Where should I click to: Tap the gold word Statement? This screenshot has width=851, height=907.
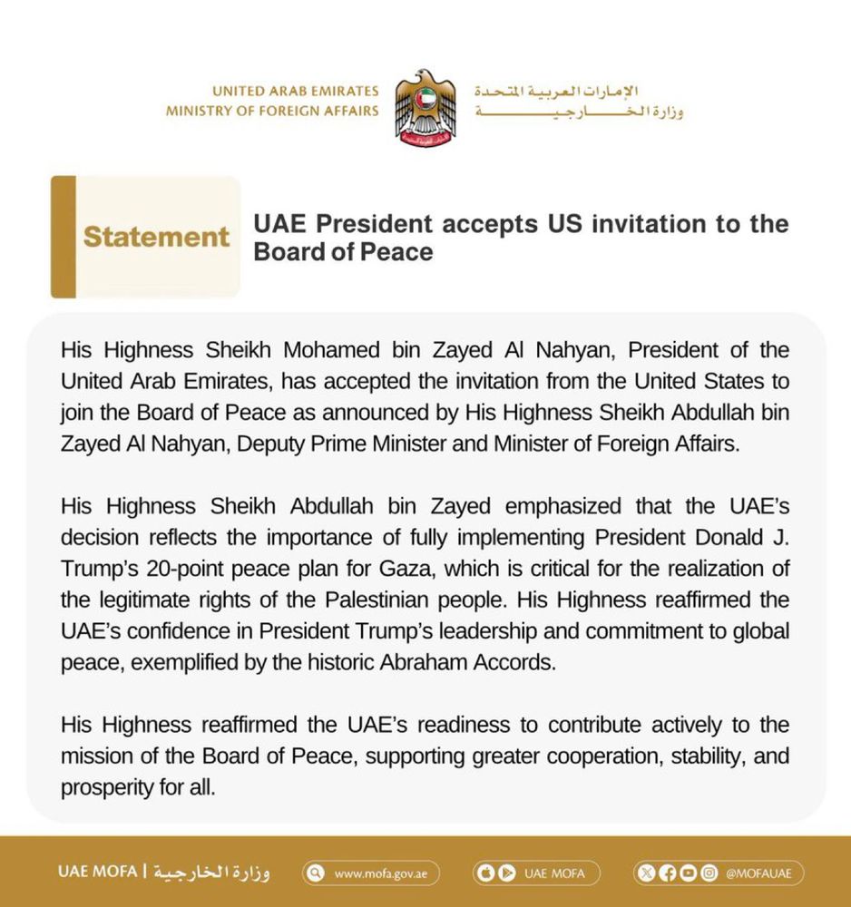[156, 237]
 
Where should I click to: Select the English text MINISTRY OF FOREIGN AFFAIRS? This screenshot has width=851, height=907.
[272, 111]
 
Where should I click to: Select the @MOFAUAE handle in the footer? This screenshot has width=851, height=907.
[758, 873]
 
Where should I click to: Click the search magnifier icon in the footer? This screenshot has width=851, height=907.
[316, 873]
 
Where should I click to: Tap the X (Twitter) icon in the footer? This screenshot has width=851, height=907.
[646, 873]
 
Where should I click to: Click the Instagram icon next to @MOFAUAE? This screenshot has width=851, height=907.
[709, 873]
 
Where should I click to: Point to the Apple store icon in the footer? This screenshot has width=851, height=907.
[485, 873]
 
